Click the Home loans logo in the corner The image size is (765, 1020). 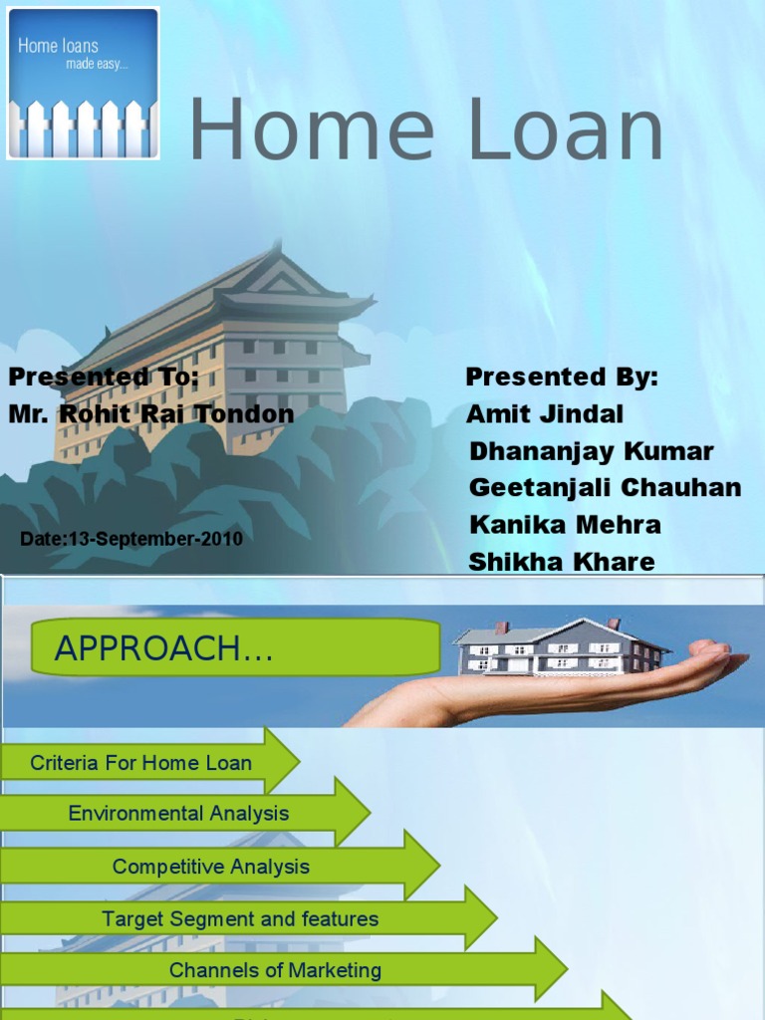84,84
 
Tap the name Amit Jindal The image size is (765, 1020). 545,414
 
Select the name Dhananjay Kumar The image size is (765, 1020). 591,451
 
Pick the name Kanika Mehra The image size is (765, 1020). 565,525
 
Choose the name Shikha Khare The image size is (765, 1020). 562,562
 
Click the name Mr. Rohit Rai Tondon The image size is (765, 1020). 151,413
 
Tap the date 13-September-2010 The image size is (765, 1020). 131,539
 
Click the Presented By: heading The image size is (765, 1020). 562,378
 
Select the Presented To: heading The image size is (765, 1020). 105,378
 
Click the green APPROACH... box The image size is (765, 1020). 236,648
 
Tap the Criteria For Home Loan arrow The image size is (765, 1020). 141,764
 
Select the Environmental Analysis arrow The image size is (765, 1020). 179,814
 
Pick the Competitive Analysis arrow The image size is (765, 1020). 211,867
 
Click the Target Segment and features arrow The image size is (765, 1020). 240,918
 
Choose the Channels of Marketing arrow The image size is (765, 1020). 275,970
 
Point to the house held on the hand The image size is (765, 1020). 558,646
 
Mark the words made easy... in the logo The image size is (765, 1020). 97,64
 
